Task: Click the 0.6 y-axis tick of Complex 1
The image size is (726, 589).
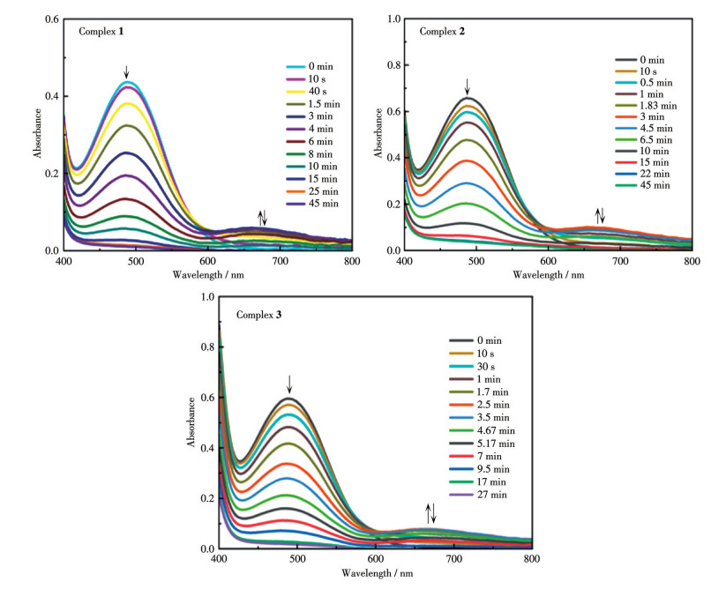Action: (x=52, y=19)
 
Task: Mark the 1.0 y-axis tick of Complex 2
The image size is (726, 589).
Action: (x=393, y=19)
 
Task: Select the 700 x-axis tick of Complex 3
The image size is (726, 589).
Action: (x=453, y=559)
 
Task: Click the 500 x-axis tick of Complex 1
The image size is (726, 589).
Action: (x=135, y=262)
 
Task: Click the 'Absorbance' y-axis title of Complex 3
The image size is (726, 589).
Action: (x=191, y=423)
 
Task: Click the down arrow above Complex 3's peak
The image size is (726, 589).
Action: (x=288, y=384)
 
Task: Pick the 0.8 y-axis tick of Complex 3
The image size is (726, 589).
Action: (x=208, y=347)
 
